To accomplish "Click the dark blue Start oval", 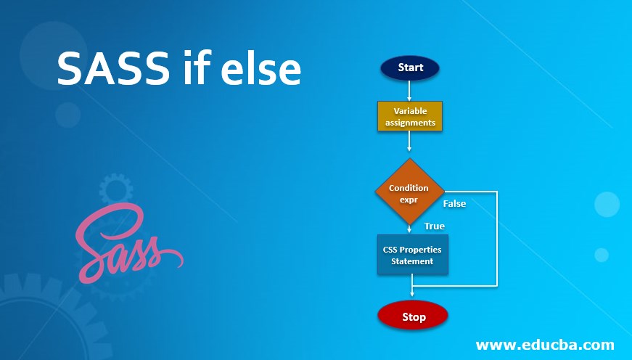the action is click(409, 67).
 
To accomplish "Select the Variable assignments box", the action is click(409, 116).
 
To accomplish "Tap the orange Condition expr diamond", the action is click(409, 191).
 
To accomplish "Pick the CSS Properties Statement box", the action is click(412, 255).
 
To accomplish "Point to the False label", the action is click(454, 204).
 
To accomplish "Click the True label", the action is click(435, 226).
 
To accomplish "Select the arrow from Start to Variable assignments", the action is click(409, 90).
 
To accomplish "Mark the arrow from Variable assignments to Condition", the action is click(409, 142).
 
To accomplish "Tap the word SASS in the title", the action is click(113, 68).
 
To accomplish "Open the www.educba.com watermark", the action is click(545, 345).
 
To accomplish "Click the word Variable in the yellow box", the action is click(410, 111).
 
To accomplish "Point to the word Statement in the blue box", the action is click(412, 261).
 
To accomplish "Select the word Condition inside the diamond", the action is click(409, 188).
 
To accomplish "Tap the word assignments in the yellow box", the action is click(410, 123).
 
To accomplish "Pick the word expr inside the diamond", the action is click(409, 200).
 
